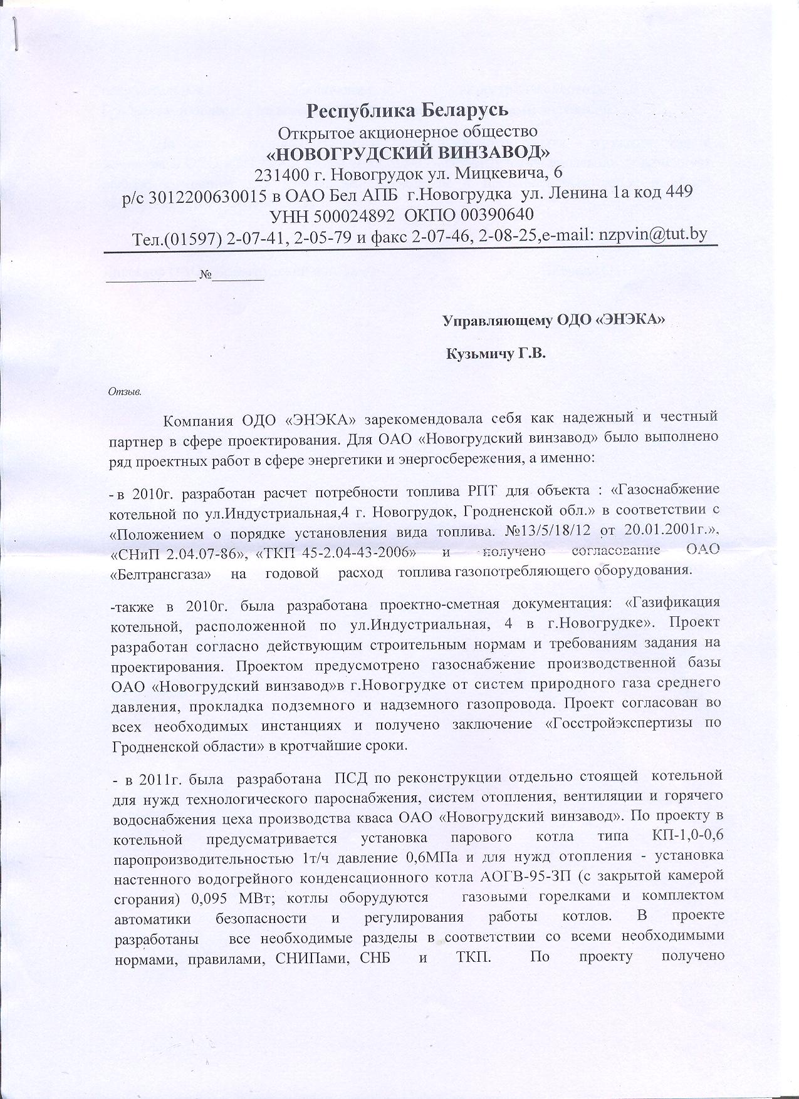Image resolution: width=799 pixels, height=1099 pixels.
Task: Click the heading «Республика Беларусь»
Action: point(407,110)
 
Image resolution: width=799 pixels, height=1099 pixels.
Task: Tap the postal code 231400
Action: point(281,172)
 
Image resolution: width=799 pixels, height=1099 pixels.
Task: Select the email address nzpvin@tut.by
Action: point(653,234)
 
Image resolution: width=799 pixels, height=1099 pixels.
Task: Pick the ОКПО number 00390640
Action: point(497,215)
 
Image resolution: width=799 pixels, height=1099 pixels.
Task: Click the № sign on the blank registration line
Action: point(205,275)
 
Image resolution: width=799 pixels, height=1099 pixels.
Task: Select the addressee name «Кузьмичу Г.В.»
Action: point(496,354)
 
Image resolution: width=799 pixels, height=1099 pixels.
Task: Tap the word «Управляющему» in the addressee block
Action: point(497,321)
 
